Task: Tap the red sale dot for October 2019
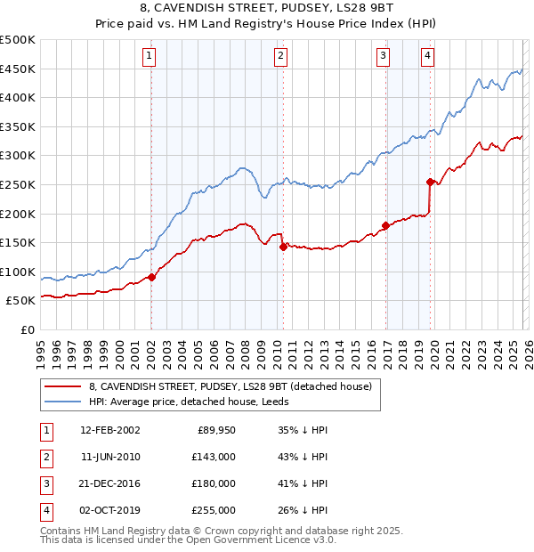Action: [x=430, y=182]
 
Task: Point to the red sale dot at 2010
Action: [x=283, y=247]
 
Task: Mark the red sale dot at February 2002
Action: [x=151, y=277]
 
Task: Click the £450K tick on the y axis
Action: [x=19, y=69]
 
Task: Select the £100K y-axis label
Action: [x=19, y=272]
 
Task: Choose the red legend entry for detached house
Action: [x=235, y=386]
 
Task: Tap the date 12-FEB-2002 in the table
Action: [x=110, y=430]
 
